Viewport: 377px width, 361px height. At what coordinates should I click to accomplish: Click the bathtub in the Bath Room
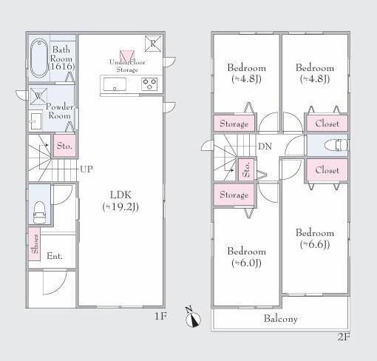[39, 58]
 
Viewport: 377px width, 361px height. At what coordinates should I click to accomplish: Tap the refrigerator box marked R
[153, 44]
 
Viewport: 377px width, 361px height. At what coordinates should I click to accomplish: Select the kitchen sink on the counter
[115, 84]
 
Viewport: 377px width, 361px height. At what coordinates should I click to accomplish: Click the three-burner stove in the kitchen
[149, 84]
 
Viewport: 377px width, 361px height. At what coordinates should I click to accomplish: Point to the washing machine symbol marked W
[38, 96]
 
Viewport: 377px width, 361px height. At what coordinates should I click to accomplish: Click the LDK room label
[120, 200]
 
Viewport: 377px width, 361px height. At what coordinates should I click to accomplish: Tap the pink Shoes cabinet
[35, 244]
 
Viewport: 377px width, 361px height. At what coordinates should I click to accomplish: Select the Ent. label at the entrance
[55, 256]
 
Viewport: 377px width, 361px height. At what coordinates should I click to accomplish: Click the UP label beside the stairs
[86, 169]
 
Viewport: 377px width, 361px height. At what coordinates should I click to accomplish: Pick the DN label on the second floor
[265, 146]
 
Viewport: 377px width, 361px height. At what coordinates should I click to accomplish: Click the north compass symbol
[193, 317]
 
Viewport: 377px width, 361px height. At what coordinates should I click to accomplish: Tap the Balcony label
[281, 319]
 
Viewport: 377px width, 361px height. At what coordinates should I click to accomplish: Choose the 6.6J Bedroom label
[315, 238]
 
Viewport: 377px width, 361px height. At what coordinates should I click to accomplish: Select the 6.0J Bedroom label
[246, 257]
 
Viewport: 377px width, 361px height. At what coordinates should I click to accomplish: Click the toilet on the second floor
[336, 145]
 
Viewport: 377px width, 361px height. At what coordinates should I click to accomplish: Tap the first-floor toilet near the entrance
[39, 212]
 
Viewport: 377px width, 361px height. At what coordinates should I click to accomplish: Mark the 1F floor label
[160, 316]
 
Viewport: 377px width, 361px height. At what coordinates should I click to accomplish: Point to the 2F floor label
[344, 337]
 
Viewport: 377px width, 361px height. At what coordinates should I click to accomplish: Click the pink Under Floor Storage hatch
[127, 55]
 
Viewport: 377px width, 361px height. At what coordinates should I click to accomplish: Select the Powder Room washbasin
[36, 121]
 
